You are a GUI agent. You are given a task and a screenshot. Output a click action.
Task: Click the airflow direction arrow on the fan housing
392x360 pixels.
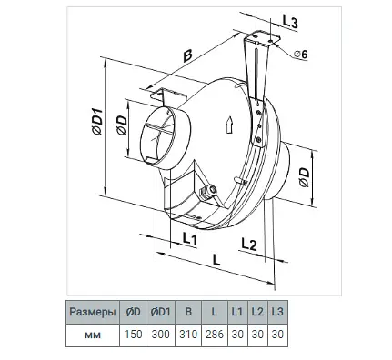229,125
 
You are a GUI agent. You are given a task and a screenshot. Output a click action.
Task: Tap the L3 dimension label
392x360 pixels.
290,22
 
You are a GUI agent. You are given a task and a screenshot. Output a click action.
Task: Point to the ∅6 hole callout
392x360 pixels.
301,55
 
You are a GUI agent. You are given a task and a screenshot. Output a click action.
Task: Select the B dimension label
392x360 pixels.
187,55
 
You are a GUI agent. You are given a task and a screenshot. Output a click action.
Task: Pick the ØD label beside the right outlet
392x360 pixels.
304,177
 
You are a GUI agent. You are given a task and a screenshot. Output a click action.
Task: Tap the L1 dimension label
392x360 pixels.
190,239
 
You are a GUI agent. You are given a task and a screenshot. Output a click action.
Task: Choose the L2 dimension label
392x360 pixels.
249,244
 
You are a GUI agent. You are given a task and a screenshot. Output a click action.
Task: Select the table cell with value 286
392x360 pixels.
215,335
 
